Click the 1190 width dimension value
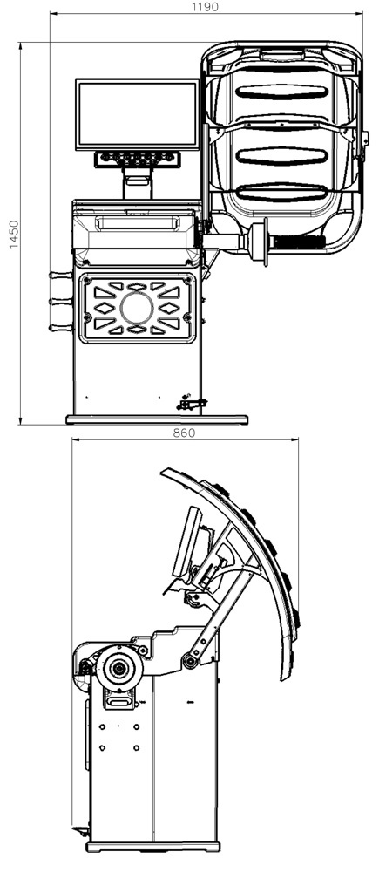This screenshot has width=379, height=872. pos(205,7)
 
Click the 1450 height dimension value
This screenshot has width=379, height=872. pos(13,234)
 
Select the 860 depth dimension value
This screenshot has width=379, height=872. pos(184,433)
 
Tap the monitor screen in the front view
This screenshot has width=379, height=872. pos(138,114)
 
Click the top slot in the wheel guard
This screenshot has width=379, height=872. pos(281,93)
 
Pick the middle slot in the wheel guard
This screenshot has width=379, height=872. pos(281,156)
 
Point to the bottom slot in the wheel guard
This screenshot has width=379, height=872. pos(281,193)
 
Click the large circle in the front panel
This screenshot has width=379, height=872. pos(137,308)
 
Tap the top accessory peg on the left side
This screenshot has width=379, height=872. pos(61,275)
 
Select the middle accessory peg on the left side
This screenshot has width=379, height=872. pos(61,302)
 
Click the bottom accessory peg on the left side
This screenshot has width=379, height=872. pos(61,328)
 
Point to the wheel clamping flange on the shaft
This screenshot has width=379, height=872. pos(258,240)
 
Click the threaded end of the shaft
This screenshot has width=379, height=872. pos(300,242)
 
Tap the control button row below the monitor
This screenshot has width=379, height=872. pos(138,159)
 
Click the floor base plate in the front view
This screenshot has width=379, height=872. pos(157,419)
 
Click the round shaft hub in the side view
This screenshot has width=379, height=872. pos(118,669)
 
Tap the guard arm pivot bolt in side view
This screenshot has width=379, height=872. pos(191,661)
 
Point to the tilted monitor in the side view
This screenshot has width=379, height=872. pos(187,542)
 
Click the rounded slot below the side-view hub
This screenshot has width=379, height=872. pos(118,702)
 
